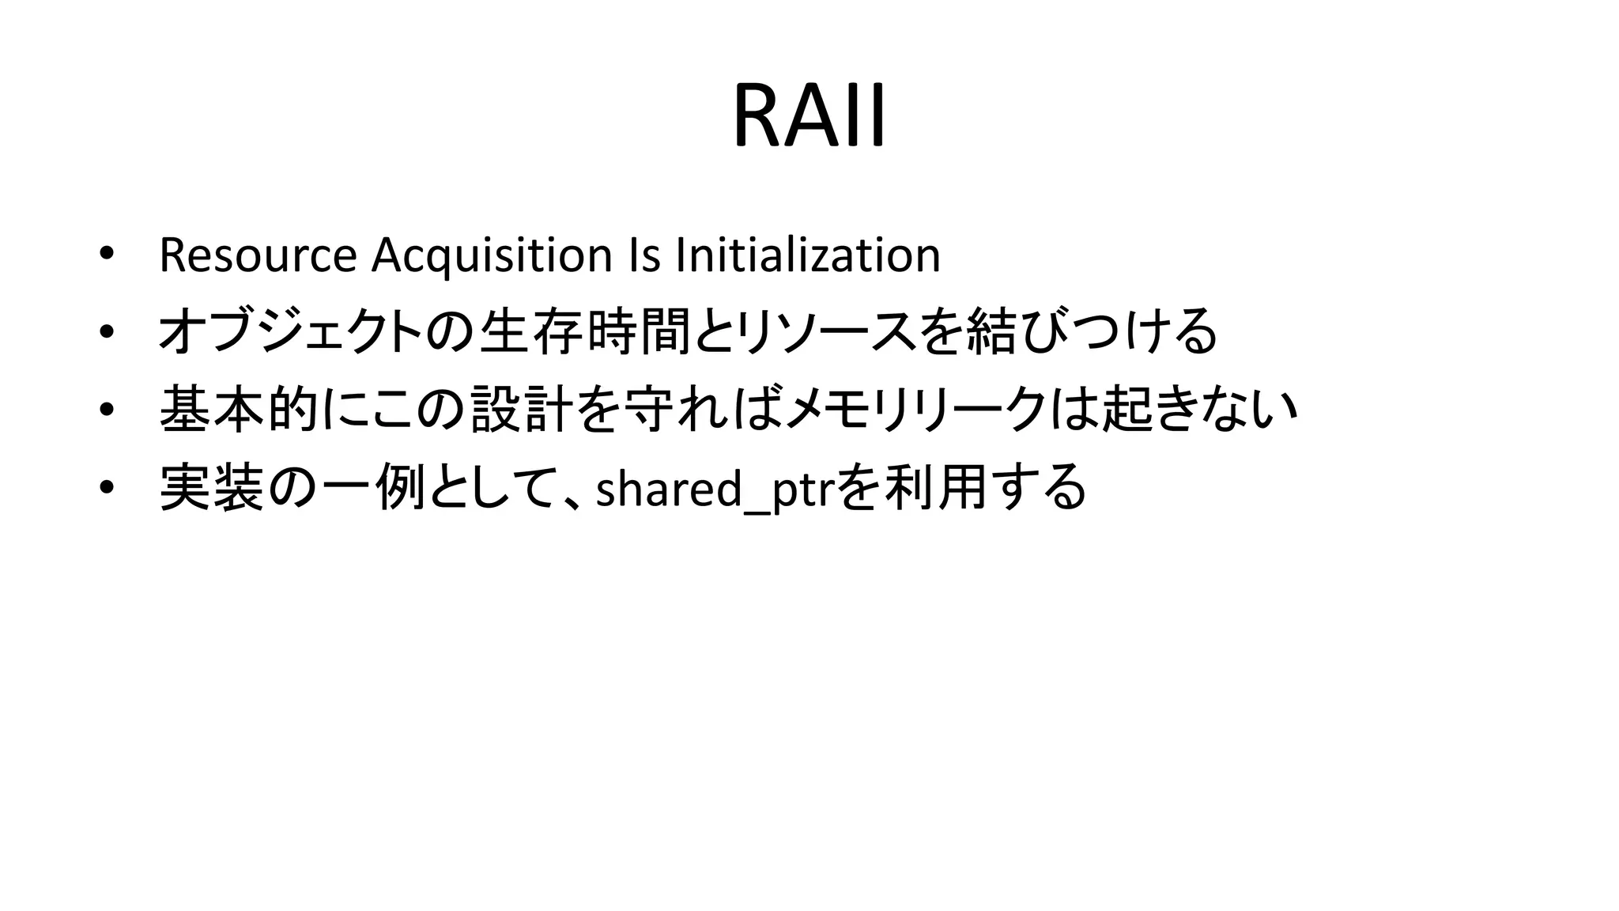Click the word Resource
point(258,255)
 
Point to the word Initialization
point(808,255)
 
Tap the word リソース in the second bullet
point(825,331)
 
